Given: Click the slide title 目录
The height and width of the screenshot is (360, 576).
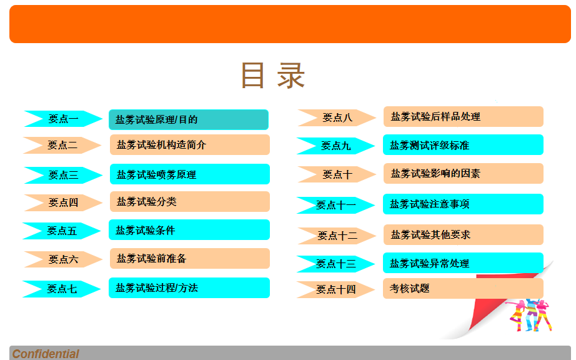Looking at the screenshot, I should coord(273,76).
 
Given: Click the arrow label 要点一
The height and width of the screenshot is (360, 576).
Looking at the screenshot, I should coord(63,119).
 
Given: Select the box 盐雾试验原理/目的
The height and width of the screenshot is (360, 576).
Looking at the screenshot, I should coord(189,119).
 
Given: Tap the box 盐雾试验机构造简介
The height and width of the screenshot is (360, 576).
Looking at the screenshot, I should coord(189,145).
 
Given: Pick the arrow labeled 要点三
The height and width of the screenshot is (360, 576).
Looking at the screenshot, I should coord(63,175).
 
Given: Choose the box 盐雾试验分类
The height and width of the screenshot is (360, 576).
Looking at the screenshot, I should coord(189,201).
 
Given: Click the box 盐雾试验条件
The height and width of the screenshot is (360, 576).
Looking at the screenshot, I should coord(189,230).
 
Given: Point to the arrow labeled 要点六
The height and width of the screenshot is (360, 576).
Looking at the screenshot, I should coord(63,259).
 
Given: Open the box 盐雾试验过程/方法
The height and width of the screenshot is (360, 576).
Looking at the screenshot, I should coord(189,288).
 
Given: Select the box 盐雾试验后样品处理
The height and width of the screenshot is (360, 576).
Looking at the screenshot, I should coord(463,116).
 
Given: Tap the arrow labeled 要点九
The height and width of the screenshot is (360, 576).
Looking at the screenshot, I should coord(335,146).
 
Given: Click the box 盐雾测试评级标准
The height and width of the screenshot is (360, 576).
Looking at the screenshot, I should coord(463,145).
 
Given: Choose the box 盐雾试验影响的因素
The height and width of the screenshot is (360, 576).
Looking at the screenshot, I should coord(463,173).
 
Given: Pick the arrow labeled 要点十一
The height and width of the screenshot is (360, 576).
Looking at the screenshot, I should coord(335,205).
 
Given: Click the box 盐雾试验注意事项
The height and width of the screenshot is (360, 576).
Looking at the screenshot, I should coord(463,204).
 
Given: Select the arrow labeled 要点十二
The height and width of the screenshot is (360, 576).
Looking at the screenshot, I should coord(337,236).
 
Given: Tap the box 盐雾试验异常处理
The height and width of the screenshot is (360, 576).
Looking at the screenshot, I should coord(463,263).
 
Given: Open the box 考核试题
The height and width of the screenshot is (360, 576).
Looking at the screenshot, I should coord(463,288).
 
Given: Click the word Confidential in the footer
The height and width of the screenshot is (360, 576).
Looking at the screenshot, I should coord(46,354).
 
